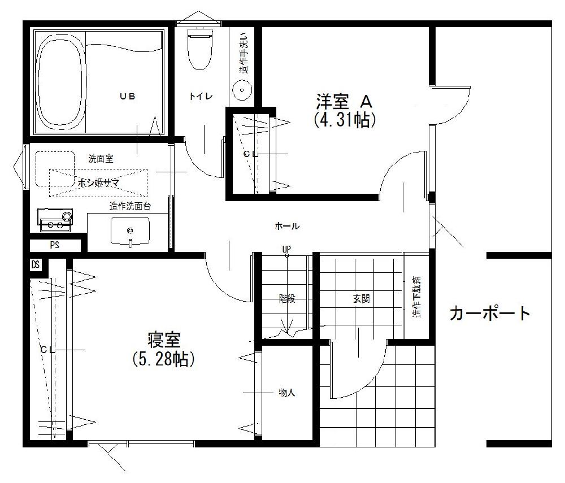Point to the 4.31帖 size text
(345, 120)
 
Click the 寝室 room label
(164, 341)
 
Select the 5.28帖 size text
(164, 359)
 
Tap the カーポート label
(490, 313)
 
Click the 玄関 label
(362, 299)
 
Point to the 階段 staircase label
(287, 299)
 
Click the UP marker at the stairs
(286, 249)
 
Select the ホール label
(287, 227)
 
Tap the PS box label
(55, 246)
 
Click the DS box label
(36, 264)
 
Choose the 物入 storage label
(287, 393)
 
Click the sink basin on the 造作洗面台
(131, 230)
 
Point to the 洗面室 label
(101, 159)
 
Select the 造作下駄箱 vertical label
(417, 298)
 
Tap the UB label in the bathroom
(127, 96)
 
